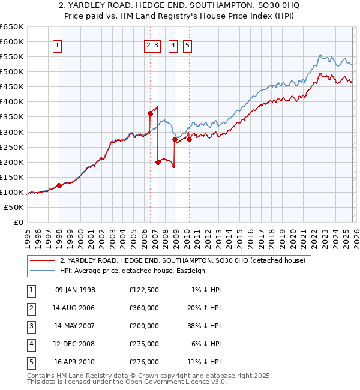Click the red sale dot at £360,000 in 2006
(150, 113)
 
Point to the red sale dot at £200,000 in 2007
(158, 161)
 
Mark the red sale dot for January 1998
(59, 185)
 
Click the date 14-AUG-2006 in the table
(75, 308)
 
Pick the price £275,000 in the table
(143, 344)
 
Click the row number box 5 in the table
(30, 362)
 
